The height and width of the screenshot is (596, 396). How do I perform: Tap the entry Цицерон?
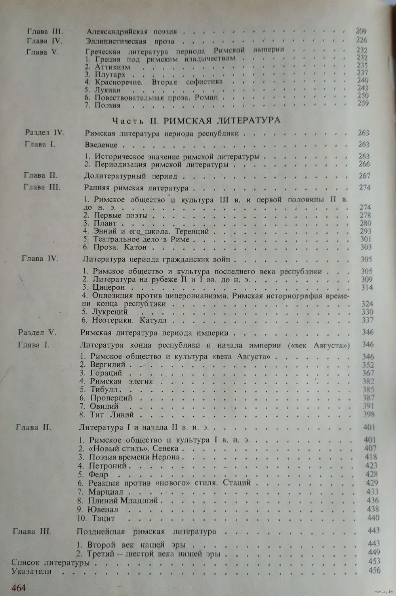tap(109, 288)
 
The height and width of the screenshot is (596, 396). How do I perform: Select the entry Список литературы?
tap(50, 562)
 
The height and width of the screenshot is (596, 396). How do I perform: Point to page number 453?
tap(374, 562)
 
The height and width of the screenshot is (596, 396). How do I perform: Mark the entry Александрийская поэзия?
tap(131, 32)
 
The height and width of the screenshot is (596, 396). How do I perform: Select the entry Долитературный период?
tap(131, 176)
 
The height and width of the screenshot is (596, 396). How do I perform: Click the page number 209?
tap(361, 32)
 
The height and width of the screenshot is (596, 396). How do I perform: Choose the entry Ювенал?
tap(104, 509)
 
